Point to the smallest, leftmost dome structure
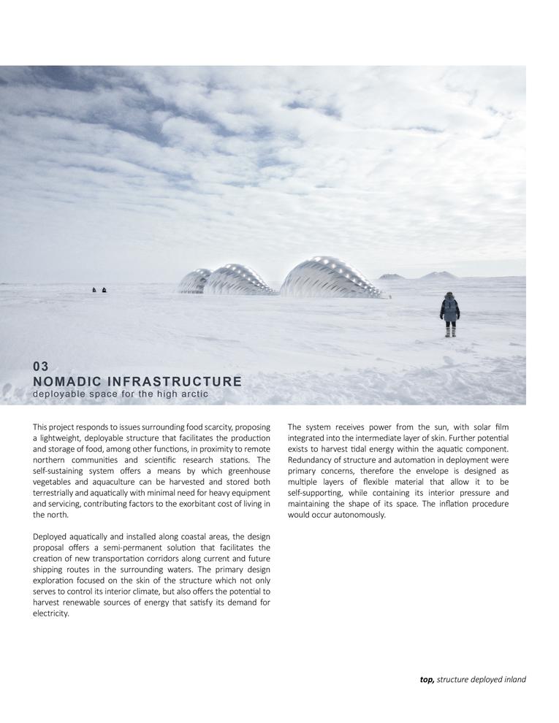(x=194, y=281)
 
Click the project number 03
(x=41, y=367)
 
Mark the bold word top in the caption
(x=427, y=679)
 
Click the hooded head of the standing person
(x=450, y=297)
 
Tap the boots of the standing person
(x=450, y=332)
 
